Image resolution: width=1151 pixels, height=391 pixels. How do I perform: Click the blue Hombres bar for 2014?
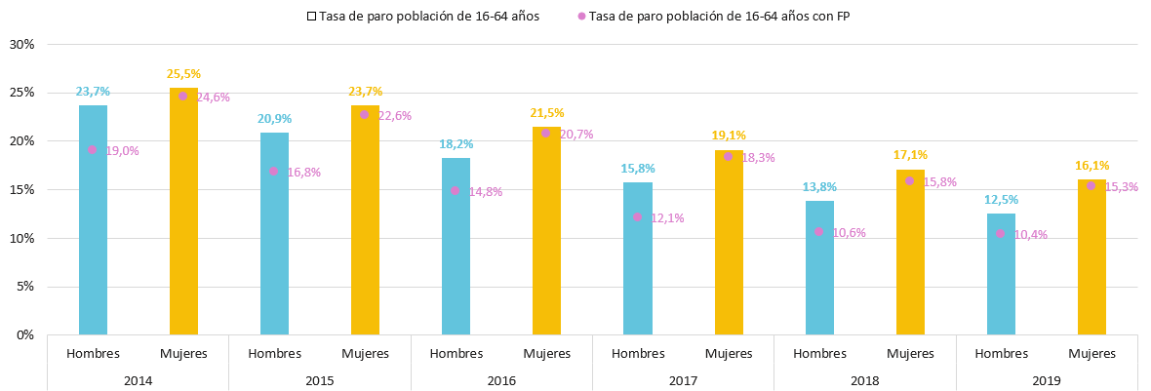click(93, 220)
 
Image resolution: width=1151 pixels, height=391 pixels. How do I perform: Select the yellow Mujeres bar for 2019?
click(1091, 256)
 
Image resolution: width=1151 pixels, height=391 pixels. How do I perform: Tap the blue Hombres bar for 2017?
click(637, 258)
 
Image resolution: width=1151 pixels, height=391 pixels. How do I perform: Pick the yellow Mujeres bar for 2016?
click(546, 231)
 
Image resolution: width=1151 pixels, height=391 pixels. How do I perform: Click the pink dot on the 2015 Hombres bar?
click(274, 171)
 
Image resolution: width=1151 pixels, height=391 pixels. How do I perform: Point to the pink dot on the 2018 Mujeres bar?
click(909, 180)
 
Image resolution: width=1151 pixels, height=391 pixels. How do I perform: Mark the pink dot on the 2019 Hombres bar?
click(1001, 233)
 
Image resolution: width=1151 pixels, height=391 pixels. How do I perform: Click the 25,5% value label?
click(183, 74)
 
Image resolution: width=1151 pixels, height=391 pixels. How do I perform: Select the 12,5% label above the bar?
click(1001, 200)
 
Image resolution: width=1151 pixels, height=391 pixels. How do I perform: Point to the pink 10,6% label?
click(849, 232)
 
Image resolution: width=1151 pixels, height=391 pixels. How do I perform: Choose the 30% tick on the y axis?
click(21, 44)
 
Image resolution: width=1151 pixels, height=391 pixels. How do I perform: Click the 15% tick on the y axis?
click(21, 189)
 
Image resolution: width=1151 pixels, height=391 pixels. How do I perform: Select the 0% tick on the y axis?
click(25, 335)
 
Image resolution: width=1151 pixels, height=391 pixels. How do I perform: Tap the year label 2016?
click(501, 380)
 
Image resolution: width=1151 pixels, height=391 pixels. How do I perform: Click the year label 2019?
click(1047, 380)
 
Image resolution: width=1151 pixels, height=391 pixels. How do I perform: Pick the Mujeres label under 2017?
click(729, 354)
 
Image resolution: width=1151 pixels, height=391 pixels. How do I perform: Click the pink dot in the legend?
click(582, 17)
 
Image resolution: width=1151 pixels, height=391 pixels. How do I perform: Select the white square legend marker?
click(311, 17)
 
